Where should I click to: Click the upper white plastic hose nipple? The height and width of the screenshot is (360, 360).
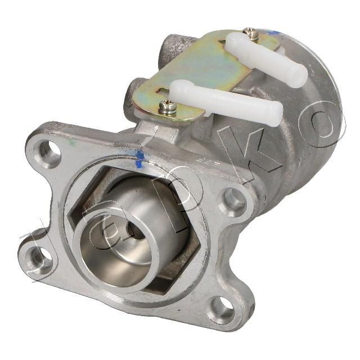click(266, 58)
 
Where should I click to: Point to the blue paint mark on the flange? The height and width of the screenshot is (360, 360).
click(139, 159)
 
